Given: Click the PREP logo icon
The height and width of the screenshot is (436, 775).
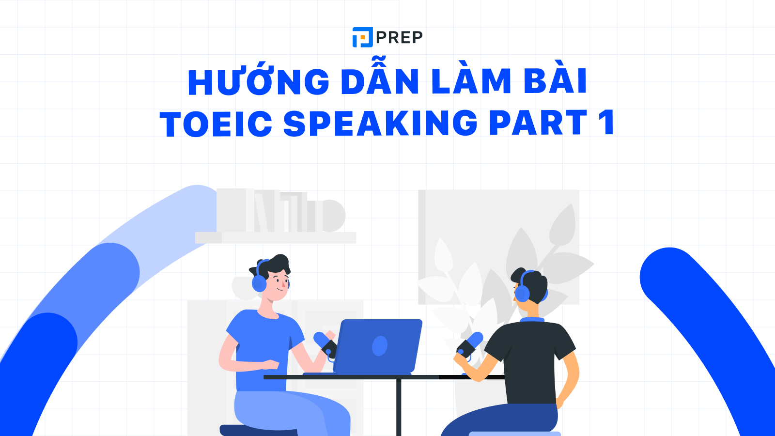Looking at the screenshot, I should (362, 37).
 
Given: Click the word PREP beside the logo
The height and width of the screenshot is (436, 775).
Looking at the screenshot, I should (399, 37).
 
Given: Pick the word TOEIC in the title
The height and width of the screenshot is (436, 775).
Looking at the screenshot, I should (216, 124).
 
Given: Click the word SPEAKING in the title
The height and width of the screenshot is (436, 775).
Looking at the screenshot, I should (381, 123).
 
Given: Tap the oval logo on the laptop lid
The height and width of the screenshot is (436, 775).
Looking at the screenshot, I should (379, 346).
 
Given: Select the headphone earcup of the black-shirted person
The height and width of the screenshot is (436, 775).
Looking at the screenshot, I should (522, 294).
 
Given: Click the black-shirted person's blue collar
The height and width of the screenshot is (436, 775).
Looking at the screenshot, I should (531, 320).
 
